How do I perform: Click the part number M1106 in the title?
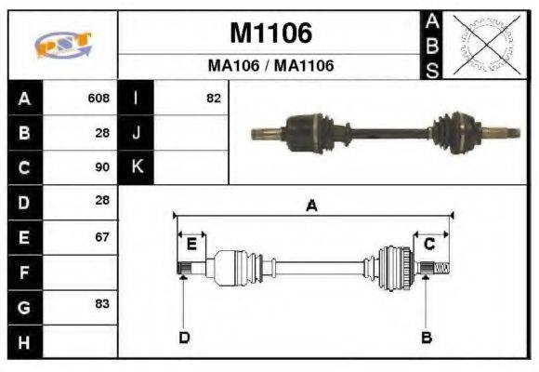coord(270,33)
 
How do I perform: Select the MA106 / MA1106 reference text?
coord(270,66)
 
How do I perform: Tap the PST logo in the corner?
coord(62,45)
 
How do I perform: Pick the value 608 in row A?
coord(99,98)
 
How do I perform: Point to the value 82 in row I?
coord(213,98)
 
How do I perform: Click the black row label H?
coord(24,341)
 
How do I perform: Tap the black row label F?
coord(24,272)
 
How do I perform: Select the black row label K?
coord(136,167)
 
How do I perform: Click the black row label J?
coord(136,133)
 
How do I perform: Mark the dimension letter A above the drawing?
coord(311,206)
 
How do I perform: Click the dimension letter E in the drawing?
coord(191,245)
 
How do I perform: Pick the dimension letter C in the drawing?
coord(429,245)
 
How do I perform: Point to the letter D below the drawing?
coord(184,337)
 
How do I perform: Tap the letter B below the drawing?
coord(427,337)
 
